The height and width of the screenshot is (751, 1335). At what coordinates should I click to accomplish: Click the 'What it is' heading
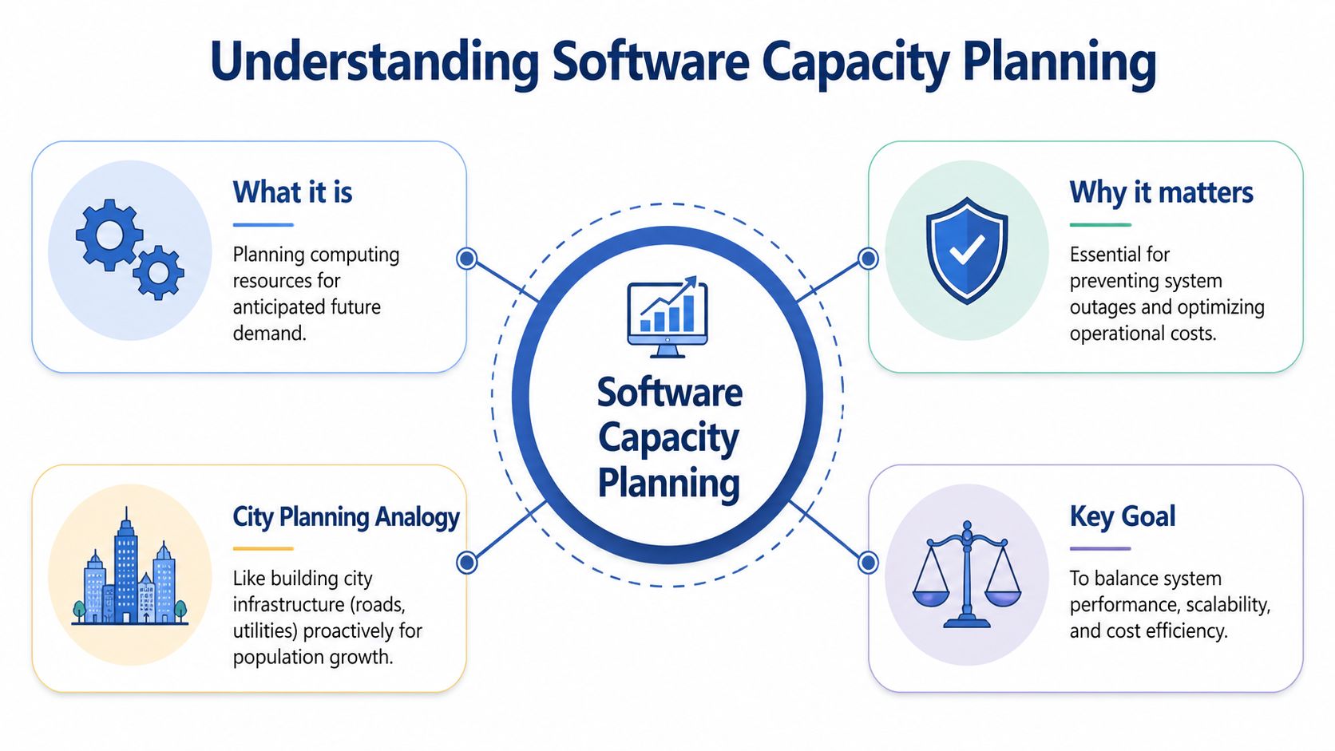click(292, 192)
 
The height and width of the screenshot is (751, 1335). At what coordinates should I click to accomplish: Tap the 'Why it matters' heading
click(1161, 192)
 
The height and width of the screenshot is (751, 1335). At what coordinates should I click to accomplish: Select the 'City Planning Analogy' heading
click(346, 517)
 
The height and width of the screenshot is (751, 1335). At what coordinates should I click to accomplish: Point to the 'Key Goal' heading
click(1122, 516)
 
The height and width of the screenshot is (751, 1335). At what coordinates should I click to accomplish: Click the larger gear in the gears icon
click(109, 235)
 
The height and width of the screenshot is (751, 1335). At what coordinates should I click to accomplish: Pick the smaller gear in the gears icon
click(158, 273)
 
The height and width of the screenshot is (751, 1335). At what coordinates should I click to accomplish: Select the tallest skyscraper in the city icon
click(126, 567)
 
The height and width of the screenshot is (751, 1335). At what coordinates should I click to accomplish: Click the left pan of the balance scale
click(930, 597)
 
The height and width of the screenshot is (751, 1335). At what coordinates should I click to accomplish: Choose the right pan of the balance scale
click(1003, 597)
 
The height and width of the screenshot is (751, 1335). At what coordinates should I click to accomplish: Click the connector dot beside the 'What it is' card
click(467, 259)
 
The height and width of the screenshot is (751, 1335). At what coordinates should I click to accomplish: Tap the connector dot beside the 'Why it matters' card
click(868, 259)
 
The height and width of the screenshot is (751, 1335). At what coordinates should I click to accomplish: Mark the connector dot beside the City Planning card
click(467, 563)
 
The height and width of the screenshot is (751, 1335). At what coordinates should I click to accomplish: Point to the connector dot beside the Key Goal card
click(868, 563)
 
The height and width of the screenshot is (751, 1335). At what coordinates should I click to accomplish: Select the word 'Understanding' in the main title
click(374, 62)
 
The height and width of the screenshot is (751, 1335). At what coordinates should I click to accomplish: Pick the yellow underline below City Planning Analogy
click(263, 548)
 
